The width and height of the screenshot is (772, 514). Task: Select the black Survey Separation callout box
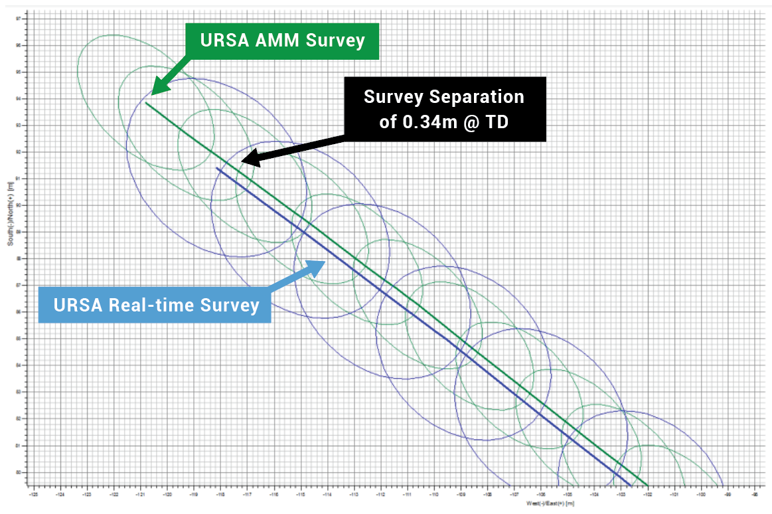(443, 109)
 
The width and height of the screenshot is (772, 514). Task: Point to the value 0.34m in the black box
(433, 122)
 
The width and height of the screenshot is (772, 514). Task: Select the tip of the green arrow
(153, 94)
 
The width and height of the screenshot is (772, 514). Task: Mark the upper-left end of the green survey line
(146, 103)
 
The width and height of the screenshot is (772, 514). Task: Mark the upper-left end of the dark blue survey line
(216, 168)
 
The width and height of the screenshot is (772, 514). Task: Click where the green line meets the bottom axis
(647, 485)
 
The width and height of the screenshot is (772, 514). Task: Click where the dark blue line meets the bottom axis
(631, 485)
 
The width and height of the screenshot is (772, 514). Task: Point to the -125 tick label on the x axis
(33, 495)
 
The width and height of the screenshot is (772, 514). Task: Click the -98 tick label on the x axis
(755, 495)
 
